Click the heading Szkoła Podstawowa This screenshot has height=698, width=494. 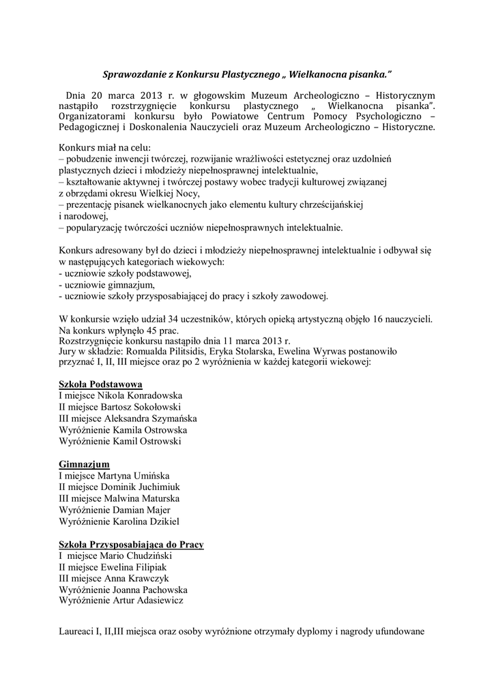[x=100, y=384]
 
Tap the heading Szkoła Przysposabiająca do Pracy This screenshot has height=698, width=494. [x=131, y=545]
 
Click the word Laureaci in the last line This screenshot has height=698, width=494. [x=77, y=631]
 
